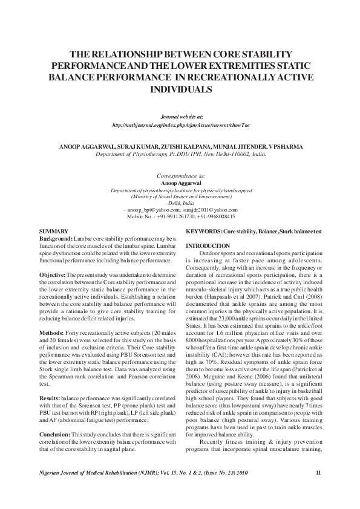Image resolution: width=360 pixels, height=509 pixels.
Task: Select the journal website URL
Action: tap(180, 125)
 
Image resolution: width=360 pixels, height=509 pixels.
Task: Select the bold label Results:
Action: tap(51, 381)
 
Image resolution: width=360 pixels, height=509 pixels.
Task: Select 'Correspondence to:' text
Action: tap(180, 175)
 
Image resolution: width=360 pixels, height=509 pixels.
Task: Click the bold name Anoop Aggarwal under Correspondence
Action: tap(180, 182)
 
